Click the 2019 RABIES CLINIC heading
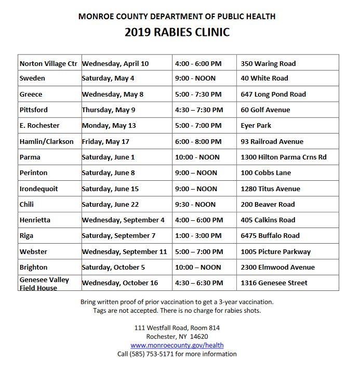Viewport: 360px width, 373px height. tap(177, 32)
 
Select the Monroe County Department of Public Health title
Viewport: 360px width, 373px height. tap(177, 16)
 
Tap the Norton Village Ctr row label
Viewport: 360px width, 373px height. tap(48, 64)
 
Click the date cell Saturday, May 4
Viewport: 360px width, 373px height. tap(108, 78)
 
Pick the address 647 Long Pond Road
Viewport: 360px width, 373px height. tap(273, 95)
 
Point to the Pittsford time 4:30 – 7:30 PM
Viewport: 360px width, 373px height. tap(199, 110)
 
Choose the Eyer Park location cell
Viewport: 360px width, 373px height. tap(256, 126)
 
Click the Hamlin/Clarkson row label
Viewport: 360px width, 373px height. tap(46, 142)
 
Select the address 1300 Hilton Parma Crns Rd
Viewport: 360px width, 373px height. tap(284, 157)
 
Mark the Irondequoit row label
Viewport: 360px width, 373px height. tap(38, 189)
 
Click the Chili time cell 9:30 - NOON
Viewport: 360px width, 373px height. tap(195, 205)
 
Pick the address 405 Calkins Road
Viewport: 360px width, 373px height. tap(268, 220)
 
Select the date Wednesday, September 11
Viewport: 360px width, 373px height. tap(124, 252)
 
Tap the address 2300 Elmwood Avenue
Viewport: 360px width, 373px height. tap(278, 268)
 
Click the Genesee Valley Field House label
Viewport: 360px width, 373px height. tap(44, 284)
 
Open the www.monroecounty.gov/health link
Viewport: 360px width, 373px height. tap(177, 345)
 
